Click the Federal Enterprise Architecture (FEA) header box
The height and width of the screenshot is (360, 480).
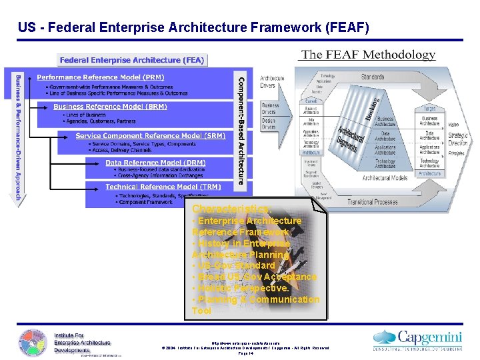tap(133, 60)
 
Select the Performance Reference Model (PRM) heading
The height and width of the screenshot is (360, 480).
tap(100, 78)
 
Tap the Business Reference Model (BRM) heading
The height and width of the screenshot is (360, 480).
tap(110, 107)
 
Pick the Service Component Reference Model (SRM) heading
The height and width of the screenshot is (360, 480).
tap(150, 135)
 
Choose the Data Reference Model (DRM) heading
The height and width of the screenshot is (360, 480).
tap(155, 163)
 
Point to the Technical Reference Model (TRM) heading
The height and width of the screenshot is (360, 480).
tap(163, 187)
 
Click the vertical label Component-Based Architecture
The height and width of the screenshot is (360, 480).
tap(241, 130)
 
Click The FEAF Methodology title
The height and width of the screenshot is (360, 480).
tap(368, 55)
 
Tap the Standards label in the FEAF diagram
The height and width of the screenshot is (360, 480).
tap(373, 77)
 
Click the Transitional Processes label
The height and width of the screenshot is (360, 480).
tap(372, 202)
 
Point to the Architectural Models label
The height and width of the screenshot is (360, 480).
tap(385, 178)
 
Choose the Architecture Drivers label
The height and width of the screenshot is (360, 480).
tap(271, 81)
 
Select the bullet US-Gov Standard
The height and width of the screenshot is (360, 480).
tap(233, 265)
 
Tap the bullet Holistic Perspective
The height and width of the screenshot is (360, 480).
tap(241, 288)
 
